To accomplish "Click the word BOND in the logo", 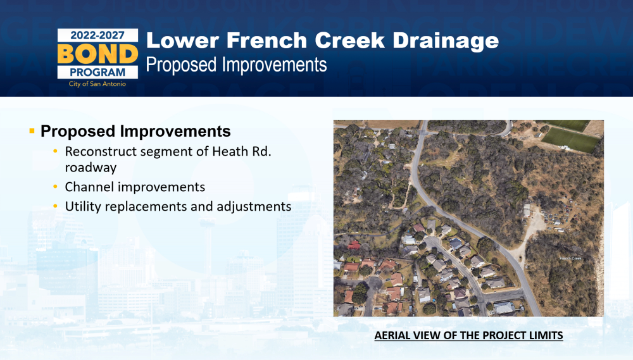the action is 97,54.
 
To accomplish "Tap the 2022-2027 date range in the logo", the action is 97,35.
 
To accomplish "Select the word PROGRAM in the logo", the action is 97,72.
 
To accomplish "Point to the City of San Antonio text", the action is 97,84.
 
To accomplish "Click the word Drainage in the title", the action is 446,41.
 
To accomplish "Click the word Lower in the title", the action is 182,40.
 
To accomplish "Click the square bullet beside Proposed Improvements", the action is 32,131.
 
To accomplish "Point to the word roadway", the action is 91,168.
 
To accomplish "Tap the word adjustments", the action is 254,207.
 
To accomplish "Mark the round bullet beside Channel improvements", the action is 55,187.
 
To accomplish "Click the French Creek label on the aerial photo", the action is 570,258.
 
